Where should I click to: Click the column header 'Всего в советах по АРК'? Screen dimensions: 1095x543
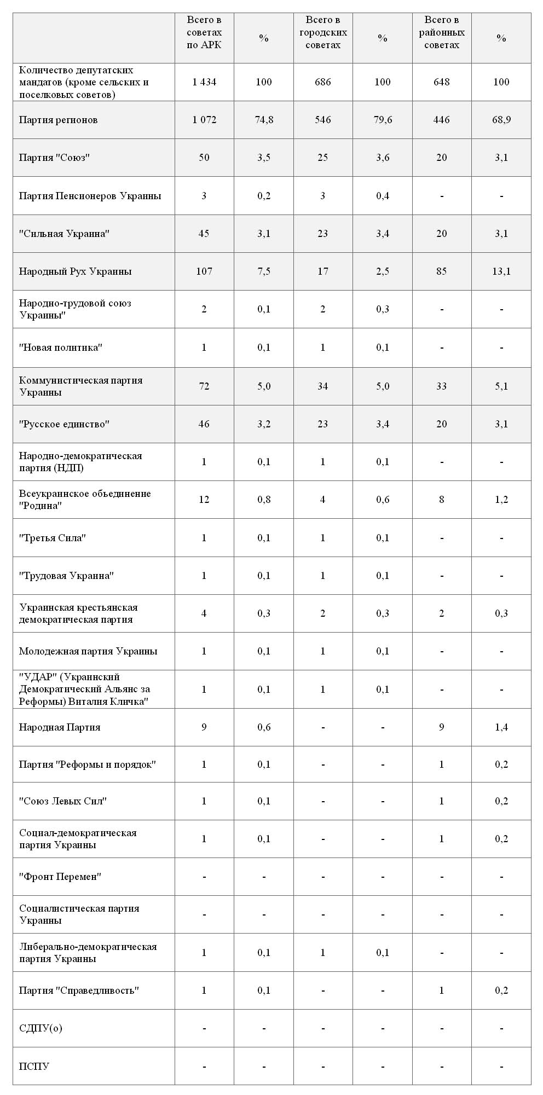[204, 32]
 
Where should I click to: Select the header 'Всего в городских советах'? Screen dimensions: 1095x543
[323, 32]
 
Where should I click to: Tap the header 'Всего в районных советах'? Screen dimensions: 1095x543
[442, 32]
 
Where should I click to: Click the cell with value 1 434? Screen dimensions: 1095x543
[204, 82]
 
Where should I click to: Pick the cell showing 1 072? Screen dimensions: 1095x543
[204, 120]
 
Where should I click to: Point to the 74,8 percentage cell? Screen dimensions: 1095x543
[264, 120]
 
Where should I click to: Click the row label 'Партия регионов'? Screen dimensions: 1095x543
[58, 120]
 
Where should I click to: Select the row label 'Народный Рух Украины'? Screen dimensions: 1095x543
[75, 271]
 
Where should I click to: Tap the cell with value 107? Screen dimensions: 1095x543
[204, 271]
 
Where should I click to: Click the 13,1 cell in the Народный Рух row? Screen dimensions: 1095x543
[501, 271]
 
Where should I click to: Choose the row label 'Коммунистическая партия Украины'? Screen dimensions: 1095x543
[80, 386]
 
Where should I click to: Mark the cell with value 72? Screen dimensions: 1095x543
[204, 386]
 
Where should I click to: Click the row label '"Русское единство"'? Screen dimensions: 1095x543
[64, 424]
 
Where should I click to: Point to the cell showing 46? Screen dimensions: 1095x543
[204, 424]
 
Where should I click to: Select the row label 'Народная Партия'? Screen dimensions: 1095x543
[60, 727]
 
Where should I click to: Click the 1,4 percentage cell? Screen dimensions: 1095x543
[501, 727]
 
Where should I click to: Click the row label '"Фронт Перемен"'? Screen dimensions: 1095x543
[60, 877]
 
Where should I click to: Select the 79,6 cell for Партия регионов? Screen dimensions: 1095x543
[383, 120]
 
